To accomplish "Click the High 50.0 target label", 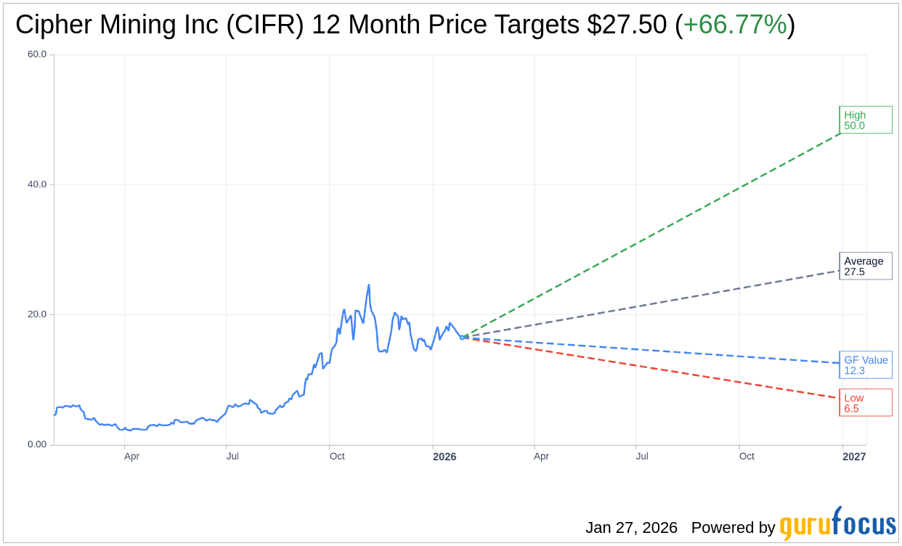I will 865,120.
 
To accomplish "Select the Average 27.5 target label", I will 865,266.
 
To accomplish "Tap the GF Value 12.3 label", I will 865,365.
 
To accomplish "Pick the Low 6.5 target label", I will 865,403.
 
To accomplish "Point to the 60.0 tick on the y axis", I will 37,54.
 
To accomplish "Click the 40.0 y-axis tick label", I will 37,184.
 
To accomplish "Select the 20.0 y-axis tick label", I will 37,314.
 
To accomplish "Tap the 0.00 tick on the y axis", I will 37,444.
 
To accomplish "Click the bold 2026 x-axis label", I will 444,457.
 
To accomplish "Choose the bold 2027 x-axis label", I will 854,457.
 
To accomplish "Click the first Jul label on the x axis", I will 232,457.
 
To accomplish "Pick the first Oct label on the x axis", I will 337,457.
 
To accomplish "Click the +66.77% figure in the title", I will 734,25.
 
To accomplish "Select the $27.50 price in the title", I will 627,25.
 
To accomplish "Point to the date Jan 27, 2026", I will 631,528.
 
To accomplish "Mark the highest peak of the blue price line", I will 369,285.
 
